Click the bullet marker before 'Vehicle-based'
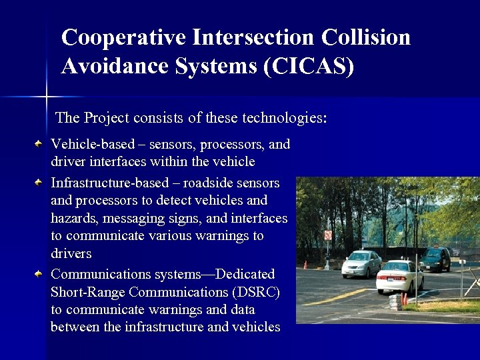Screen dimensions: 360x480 point(40,143)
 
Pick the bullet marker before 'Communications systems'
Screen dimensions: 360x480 point(40,273)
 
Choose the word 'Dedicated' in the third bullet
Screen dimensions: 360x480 point(243,274)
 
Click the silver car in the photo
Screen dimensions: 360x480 point(361,264)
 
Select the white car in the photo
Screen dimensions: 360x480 point(399,275)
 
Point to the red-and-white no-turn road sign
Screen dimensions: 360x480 point(327,235)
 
